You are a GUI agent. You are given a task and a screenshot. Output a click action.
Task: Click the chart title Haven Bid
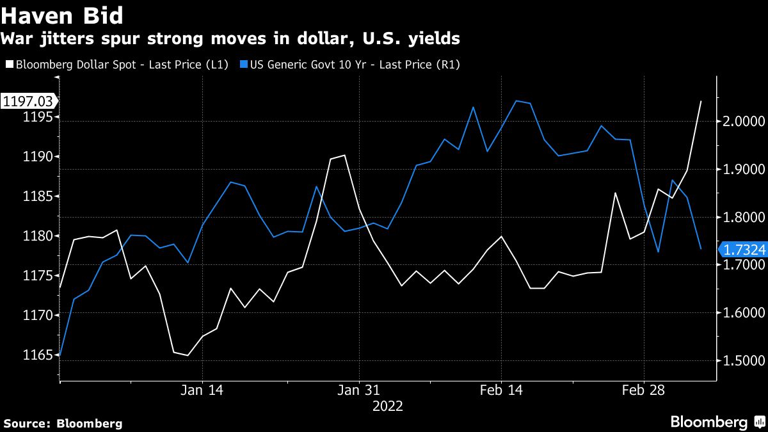[62, 14]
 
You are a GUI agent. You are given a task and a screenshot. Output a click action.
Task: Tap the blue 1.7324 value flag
[743, 250]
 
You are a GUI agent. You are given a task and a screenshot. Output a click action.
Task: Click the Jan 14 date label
[202, 390]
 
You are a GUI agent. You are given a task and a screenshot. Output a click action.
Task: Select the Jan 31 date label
[359, 390]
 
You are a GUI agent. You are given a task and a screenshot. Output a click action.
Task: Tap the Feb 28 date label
[643, 390]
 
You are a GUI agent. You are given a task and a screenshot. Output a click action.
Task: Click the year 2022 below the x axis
[387, 406]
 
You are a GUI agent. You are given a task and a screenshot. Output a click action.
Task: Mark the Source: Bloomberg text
[63, 423]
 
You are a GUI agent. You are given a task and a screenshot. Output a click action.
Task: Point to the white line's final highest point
[701, 101]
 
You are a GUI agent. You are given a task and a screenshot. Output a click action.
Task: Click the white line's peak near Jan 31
[345, 155]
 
